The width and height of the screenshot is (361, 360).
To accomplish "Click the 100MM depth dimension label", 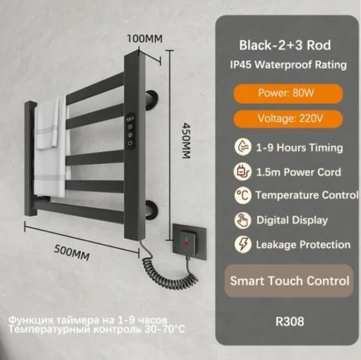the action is coord(145,39).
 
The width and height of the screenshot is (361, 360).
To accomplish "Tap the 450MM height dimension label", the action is coord(186,140).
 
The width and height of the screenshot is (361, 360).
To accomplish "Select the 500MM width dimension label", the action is coord(72,252).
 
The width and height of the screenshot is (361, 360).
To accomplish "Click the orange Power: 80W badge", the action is coord(288,93).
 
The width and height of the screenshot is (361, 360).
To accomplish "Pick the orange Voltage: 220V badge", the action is coord(288,119).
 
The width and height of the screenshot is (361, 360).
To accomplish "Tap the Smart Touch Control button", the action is coord(289,281).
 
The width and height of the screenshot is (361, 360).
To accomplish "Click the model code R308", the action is coord(289,321).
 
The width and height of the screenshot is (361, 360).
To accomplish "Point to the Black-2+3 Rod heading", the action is coord(285,45).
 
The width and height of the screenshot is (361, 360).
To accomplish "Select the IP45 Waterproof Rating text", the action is coord(288,64).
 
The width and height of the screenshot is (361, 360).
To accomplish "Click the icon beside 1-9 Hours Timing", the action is coord(242,147).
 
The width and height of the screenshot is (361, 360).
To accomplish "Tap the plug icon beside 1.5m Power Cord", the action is coord(242,171).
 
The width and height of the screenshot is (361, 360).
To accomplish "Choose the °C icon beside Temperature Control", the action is coord(242,196).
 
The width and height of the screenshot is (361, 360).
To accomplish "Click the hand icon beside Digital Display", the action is coord(242,220).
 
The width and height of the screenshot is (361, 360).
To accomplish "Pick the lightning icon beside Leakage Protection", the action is coord(243,244).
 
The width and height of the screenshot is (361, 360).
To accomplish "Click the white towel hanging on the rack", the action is coord(51,147).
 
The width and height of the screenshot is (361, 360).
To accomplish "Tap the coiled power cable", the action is coord(168,269).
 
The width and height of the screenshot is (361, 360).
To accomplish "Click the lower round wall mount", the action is coord(152,209).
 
